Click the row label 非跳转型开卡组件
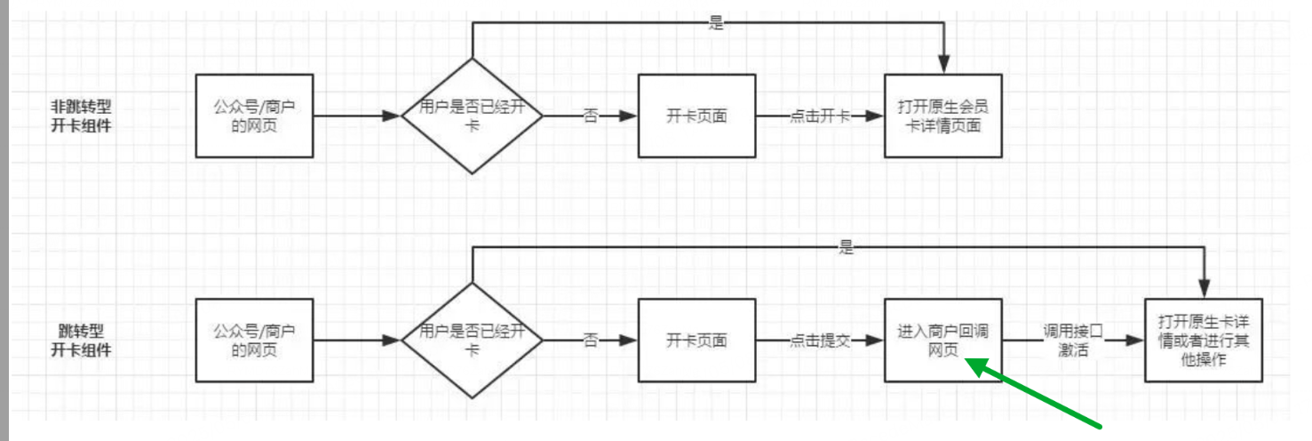coord(81,116)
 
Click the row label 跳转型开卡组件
coord(81,341)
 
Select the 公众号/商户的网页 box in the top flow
coord(254,116)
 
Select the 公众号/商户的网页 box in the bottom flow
coord(254,341)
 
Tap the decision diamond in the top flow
coord(472,116)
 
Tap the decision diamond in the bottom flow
coord(472,341)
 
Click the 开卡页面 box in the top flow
coord(696,116)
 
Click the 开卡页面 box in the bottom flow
coord(696,341)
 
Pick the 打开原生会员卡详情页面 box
coord(942,116)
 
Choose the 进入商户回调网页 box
coord(942,341)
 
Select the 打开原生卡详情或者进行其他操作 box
coord(1203,341)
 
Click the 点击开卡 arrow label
coord(818,116)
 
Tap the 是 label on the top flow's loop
coord(716,24)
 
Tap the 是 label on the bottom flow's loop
coord(845,248)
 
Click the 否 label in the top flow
coord(590,116)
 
